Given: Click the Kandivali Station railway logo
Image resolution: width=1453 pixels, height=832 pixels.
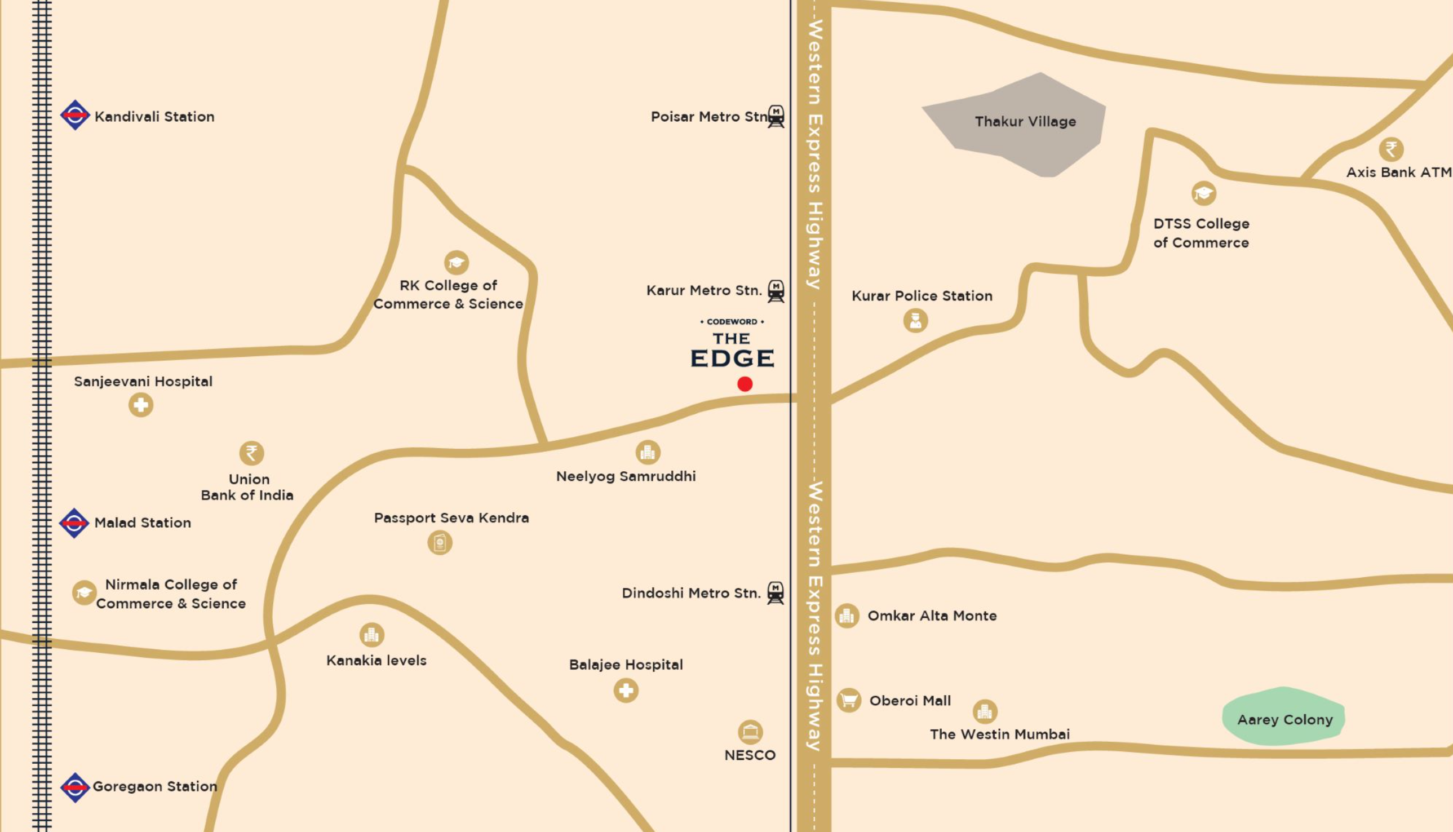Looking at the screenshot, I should click(x=75, y=116).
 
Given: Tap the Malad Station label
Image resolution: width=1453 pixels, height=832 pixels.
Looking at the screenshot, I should click(x=142, y=523).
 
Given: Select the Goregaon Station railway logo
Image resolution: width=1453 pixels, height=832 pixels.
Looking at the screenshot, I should click(x=75, y=788).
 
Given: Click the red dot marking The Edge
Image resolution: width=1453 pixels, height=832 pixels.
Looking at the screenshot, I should click(x=745, y=384).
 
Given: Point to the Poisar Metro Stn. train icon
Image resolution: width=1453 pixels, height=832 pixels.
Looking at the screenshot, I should click(x=776, y=116).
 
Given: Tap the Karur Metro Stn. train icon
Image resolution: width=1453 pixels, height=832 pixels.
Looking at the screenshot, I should click(x=776, y=291).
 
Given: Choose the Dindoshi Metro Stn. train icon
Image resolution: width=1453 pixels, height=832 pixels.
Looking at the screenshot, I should click(x=775, y=592).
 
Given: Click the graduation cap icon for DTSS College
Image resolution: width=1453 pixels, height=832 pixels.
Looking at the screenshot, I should click(x=1203, y=193).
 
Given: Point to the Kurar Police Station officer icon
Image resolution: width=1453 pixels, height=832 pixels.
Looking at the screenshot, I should click(x=915, y=320).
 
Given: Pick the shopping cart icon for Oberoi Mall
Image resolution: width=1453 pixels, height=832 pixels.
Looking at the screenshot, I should click(x=848, y=700).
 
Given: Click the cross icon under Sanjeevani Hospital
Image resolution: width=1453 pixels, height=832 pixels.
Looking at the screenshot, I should click(x=140, y=405).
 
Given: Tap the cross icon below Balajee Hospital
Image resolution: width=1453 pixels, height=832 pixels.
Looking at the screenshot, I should click(x=626, y=691).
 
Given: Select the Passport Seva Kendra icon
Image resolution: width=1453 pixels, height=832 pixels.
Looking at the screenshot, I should click(x=440, y=542).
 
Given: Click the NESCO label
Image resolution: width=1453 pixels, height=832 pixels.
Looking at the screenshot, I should click(x=750, y=755).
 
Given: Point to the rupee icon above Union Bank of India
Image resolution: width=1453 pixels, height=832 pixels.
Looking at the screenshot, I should click(x=251, y=453).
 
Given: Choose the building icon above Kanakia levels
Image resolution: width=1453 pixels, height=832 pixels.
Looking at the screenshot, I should click(x=371, y=634).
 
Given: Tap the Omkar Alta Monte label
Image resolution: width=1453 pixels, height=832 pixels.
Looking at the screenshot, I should click(x=932, y=616).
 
